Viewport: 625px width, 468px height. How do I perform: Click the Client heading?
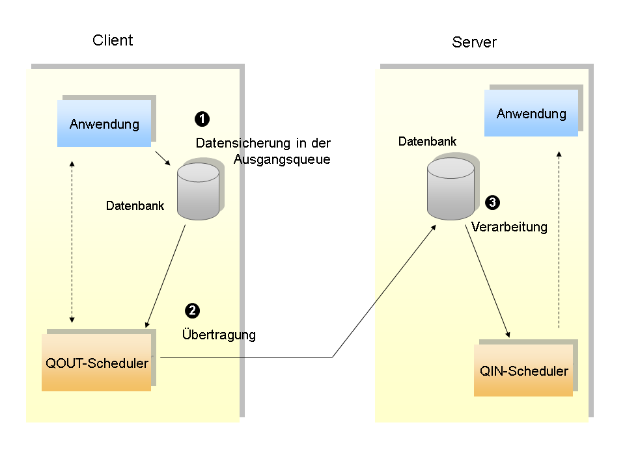[x=113, y=40]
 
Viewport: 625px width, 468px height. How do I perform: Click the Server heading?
[x=474, y=43]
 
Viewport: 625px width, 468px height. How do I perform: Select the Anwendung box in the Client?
[x=104, y=123]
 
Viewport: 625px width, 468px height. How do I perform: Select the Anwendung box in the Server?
[x=531, y=114]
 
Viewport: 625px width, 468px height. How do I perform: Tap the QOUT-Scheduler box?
[x=96, y=363]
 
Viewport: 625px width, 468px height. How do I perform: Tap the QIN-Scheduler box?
[x=523, y=371]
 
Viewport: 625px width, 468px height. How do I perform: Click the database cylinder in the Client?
[x=198, y=191]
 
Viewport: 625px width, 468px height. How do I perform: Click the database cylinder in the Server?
[x=451, y=188]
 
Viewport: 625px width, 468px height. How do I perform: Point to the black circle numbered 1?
[x=202, y=119]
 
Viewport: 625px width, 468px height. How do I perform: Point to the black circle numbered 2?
[x=192, y=310]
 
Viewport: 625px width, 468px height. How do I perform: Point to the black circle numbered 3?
[x=493, y=203]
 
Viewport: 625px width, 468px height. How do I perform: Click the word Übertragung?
[x=219, y=335]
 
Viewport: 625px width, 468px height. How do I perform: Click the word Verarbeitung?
[x=509, y=227]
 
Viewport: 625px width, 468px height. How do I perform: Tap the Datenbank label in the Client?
[x=135, y=206]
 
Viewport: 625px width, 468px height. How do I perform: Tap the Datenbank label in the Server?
[x=427, y=141]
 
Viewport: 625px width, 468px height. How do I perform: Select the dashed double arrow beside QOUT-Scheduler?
[x=72, y=242]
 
